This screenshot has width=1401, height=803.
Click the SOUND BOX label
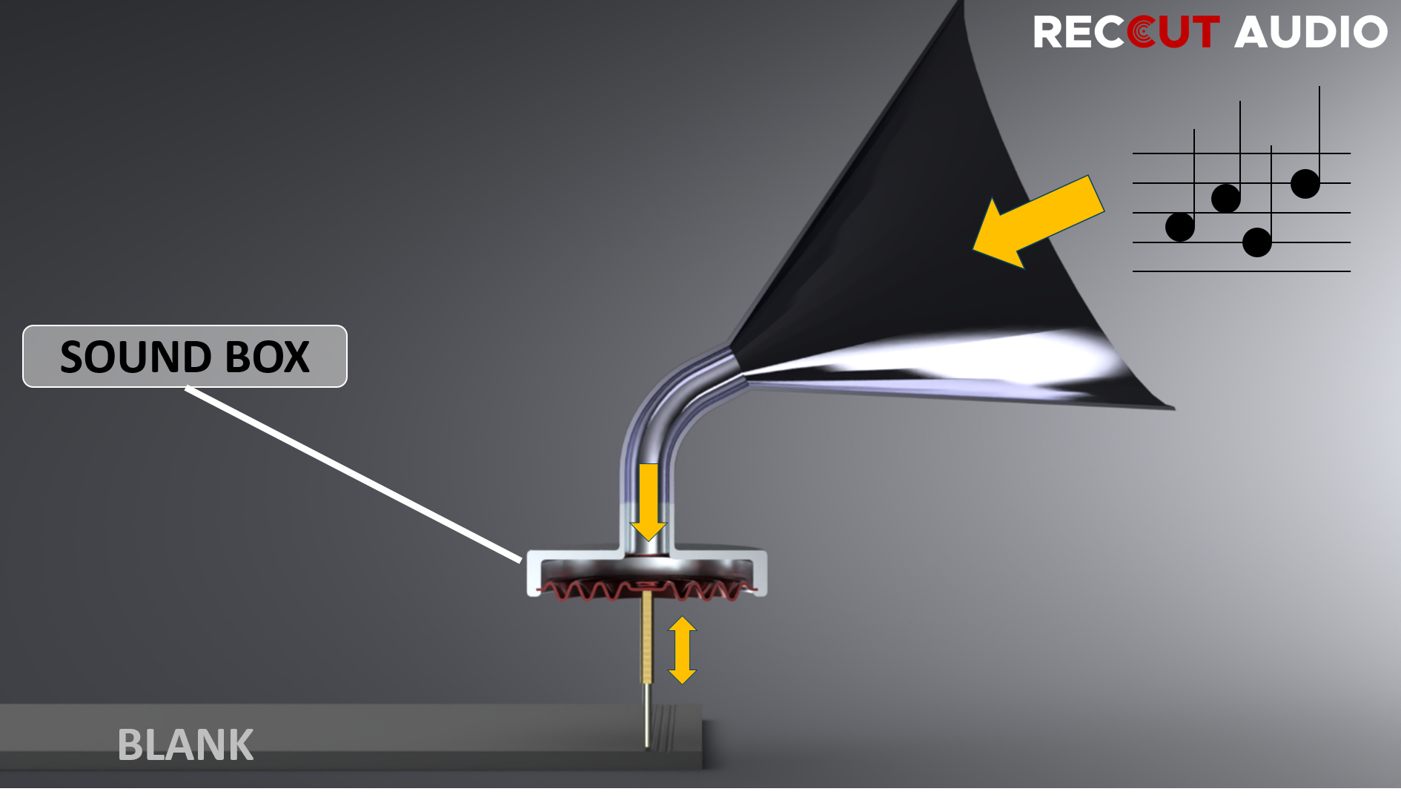point(185,357)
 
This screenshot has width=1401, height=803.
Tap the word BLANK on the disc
point(185,744)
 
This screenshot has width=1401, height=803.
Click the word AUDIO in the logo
point(1310,33)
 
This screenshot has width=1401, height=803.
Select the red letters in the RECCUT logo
point(1174,33)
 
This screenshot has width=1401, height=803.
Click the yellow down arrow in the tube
point(649,500)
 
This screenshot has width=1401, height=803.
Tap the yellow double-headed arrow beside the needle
point(682,650)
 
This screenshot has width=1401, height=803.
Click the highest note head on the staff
point(1305,183)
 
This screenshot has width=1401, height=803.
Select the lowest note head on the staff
point(1256,242)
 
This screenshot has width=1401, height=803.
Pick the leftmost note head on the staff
point(1179,227)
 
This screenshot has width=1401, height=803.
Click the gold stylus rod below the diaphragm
point(647,638)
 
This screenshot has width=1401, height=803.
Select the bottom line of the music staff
point(1242,271)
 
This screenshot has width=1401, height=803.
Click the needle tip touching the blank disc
point(648,745)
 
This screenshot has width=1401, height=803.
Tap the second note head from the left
point(1225,198)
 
